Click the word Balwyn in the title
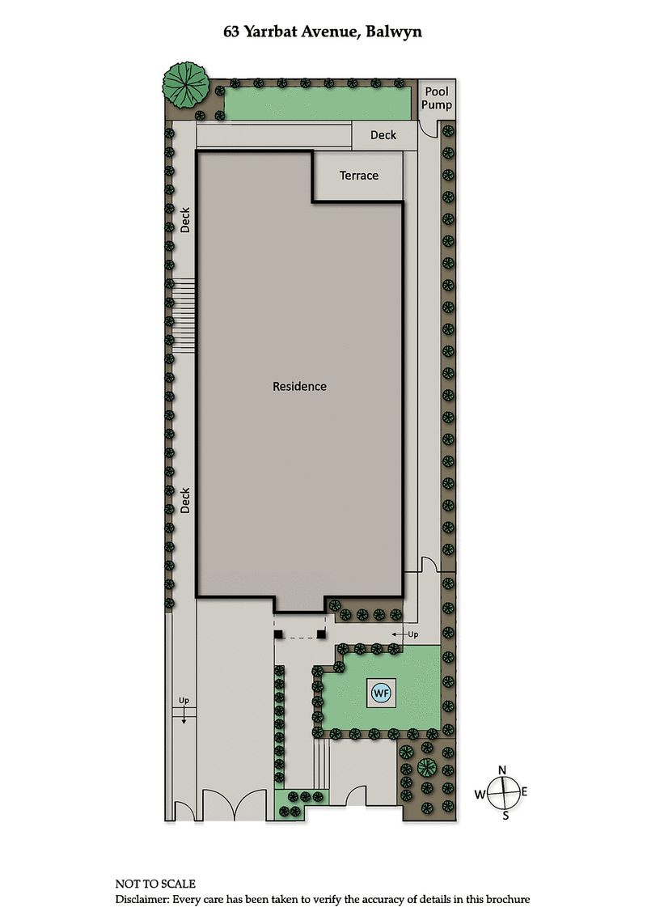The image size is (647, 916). [x=394, y=33]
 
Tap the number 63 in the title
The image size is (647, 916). [x=233, y=32]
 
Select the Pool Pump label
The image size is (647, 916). [x=437, y=99]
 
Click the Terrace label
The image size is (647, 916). [x=358, y=176]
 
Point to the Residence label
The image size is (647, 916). [x=299, y=386]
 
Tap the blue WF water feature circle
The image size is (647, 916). [x=380, y=693]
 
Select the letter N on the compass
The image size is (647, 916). [x=502, y=770]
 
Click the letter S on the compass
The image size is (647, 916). [x=506, y=815]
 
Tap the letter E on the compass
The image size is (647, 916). [x=524, y=791]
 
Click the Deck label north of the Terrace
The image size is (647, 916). [x=383, y=135]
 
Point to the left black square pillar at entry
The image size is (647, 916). [x=277, y=635]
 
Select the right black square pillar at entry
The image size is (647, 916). [x=322, y=635]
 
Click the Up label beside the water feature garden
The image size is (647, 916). [x=412, y=634]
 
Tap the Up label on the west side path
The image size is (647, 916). [x=184, y=700]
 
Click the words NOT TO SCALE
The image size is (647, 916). [x=155, y=884]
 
